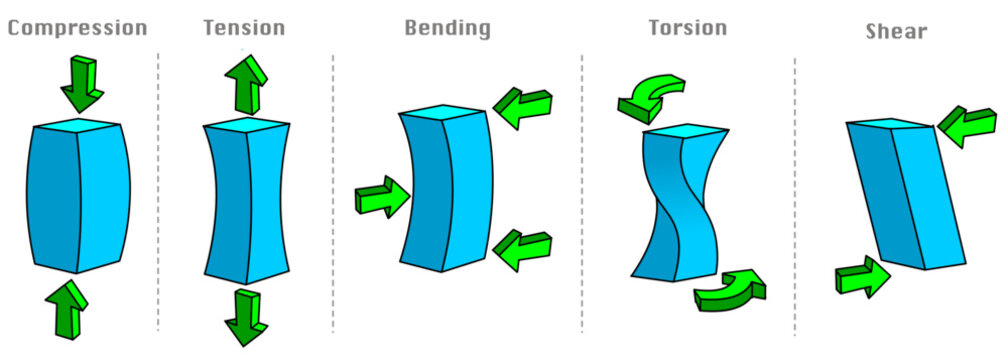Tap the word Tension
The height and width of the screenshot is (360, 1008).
(245, 28)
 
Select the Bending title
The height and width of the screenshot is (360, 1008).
(447, 28)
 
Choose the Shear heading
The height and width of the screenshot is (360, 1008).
(896, 32)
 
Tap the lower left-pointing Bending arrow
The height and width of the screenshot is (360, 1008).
(523, 246)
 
